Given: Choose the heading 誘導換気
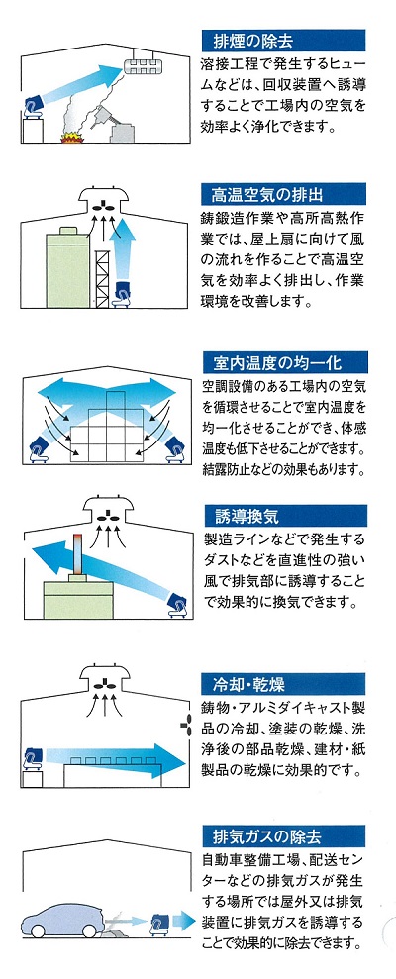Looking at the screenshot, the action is point(247,518).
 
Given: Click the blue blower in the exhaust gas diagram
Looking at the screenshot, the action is point(160,924).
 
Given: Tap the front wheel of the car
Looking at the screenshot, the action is point(38,930).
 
